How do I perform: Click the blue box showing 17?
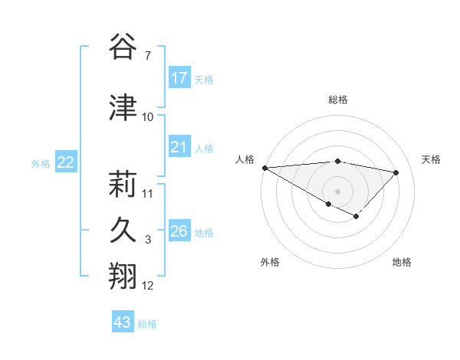point(179,78)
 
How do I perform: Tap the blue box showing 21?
point(179,147)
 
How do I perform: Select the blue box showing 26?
point(179,231)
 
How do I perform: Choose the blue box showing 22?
point(66,162)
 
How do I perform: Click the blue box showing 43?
point(123,322)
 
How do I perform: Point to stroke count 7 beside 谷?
point(147,56)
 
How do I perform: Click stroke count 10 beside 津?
point(148,117)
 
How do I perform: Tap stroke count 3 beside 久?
point(148,240)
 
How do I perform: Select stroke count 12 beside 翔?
point(148,286)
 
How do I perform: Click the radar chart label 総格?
point(337,100)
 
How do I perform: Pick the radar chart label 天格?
point(432,159)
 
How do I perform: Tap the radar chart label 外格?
point(270,262)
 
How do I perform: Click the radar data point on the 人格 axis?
point(264,168)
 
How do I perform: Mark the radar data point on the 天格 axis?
point(396,172)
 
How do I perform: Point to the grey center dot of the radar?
point(337,191)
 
